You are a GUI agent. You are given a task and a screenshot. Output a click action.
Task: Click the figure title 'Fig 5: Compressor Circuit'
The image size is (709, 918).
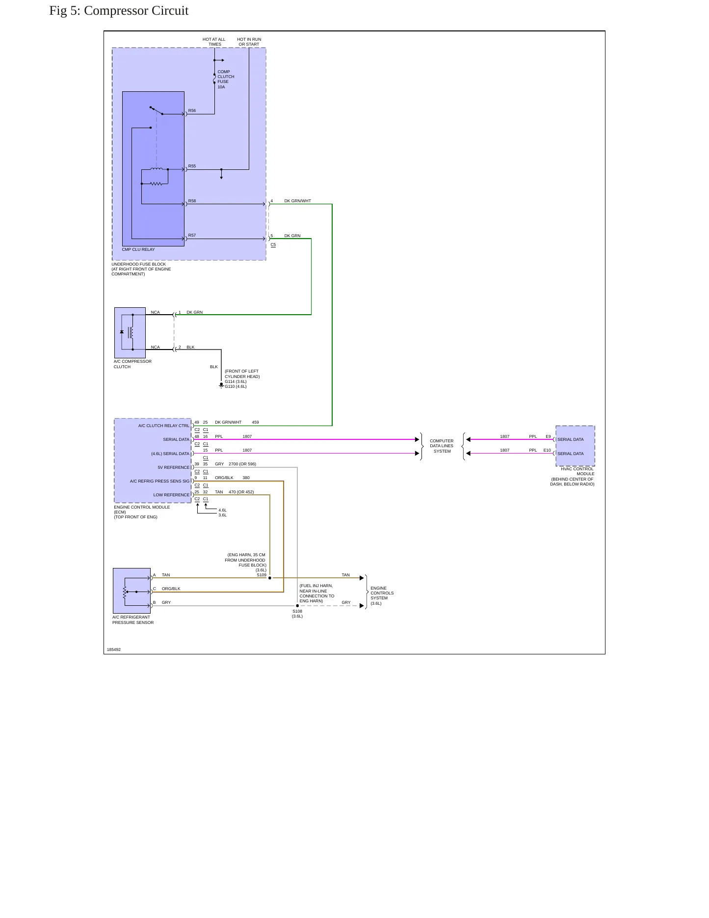click(119, 11)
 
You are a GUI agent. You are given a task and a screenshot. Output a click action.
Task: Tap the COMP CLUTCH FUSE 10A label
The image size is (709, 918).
click(226, 79)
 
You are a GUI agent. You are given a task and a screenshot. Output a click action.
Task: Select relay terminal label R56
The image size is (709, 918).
click(192, 111)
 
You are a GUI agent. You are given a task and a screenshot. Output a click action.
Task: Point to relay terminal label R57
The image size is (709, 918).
click(192, 236)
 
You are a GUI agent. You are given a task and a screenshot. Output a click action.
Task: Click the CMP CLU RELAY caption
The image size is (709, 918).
click(138, 249)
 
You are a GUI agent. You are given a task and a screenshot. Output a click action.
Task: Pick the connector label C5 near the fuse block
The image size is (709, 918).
click(273, 244)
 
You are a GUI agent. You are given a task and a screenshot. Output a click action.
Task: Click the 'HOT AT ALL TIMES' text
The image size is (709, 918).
click(214, 42)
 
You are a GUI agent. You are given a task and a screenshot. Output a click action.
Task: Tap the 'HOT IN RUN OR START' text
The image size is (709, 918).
click(249, 42)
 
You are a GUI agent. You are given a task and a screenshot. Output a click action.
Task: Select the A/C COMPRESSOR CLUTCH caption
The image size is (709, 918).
click(132, 364)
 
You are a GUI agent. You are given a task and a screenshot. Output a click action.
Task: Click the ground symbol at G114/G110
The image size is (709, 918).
click(221, 385)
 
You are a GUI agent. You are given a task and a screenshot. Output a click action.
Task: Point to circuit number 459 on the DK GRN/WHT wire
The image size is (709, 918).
click(255, 422)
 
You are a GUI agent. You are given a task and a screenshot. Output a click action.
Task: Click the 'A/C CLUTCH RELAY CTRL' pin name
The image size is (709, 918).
click(163, 426)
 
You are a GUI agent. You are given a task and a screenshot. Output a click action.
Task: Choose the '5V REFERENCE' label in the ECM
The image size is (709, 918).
click(173, 467)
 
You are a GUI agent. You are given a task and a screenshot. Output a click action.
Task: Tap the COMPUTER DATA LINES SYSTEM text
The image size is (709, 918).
click(442, 446)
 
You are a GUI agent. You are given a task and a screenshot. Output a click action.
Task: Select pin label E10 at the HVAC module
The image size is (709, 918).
click(547, 450)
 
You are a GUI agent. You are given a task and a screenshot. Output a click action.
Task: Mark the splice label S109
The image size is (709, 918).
click(262, 575)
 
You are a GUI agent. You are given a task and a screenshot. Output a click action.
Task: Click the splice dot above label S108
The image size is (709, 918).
click(297, 606)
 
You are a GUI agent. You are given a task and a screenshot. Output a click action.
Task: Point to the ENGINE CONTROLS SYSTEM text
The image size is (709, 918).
click(382, 595)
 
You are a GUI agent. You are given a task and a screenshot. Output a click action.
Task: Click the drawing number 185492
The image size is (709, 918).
click(114, 649)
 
